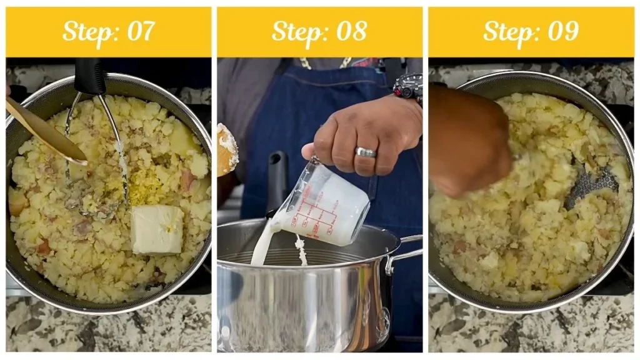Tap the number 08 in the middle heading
pyautogui.click(x=351, y=31)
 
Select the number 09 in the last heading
pyautogui.click(x=562, y=31)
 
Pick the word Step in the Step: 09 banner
pyautogui.click(x=509, y=31)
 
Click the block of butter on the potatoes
pyautogui.click(x=157, y=229)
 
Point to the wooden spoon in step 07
pyautogui.click(x=44, y=131)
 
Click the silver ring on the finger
pyautogui.click(x=365, y=152)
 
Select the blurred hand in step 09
pyautogui.click(x=469, y=141)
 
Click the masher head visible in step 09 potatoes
pyautogui.click(x=591, y=187)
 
